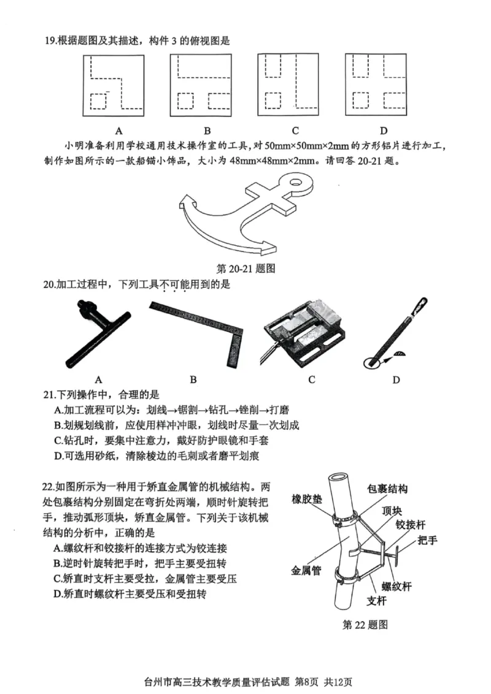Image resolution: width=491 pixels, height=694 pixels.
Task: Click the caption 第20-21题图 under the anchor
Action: pos(245,269)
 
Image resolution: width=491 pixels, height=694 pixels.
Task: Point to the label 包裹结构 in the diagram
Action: pos(387,489)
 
